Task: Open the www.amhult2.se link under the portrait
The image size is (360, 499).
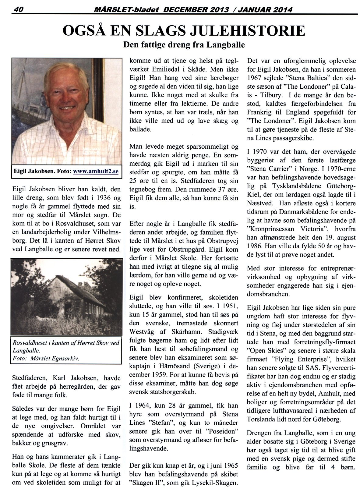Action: [96, 172]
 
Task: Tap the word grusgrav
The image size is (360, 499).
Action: [54, 442]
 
